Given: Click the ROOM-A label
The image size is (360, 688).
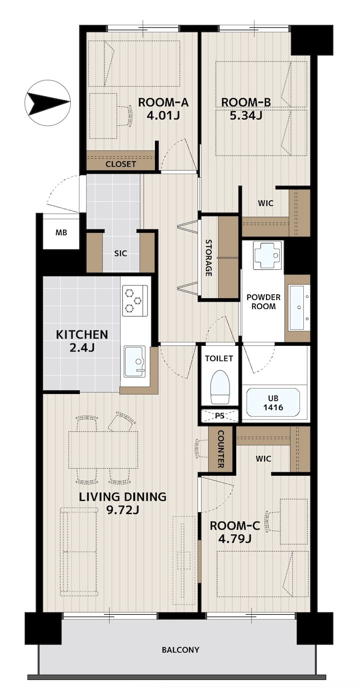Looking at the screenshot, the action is [163, 102].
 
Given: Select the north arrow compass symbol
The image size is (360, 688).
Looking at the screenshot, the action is [47, 103].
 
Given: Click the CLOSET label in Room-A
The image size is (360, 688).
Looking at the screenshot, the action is [121, 164].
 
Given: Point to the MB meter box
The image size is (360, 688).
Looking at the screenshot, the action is [61, 232].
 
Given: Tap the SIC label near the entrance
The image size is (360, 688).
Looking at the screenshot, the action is [121, 253].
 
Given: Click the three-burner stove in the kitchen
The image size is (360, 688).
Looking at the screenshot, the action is [135, 301].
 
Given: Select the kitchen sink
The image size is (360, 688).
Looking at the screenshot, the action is [135, 361].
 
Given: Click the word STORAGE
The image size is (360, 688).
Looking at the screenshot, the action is [208, 258].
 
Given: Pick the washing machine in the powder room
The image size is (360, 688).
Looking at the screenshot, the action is [266, 256].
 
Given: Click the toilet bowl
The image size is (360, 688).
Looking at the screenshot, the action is [220, 387].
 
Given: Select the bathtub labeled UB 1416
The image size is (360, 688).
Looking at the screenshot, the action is [273, 403].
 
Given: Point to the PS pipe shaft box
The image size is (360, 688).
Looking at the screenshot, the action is [219, 416].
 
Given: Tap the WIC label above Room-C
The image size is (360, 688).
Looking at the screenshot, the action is [264, 458].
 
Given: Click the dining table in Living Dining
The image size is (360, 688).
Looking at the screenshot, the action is [103, 450].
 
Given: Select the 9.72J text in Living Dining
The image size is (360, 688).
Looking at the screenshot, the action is [122, 510].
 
